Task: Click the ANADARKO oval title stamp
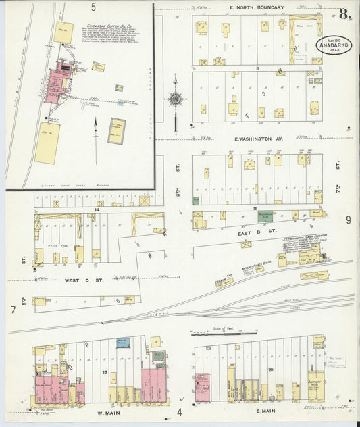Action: [x=337, y=45]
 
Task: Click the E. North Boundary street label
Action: [x=257, y=7]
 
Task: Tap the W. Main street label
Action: [x=105, y=412]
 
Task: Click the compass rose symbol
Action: [x=176, y=99]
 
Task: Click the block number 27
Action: [x=104, y=372]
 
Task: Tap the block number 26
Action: [x=270, y=370]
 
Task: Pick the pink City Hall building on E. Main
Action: [x=202, y=388]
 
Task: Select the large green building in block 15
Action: [x=265, y=216]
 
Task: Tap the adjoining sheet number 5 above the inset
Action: [x=93, y=7]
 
